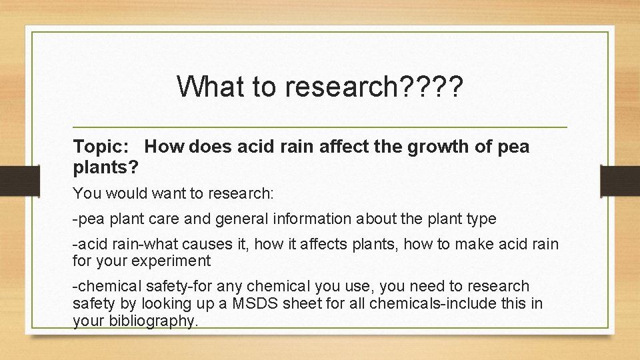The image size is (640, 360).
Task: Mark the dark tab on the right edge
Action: (x=620, y=180)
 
